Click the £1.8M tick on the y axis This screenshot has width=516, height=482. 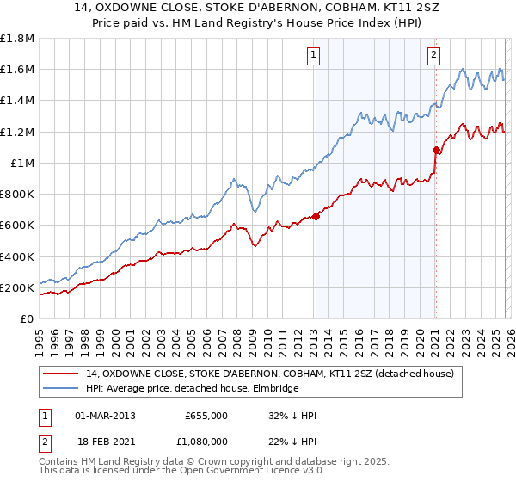pos(17,39)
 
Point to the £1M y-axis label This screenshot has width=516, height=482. pos(21,163)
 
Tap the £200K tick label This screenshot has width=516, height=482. pos(17,287)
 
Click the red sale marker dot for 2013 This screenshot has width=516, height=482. pos(316,216)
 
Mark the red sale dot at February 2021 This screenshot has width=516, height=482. pos(436,150)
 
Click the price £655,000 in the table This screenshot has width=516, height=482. pos(206,416)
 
